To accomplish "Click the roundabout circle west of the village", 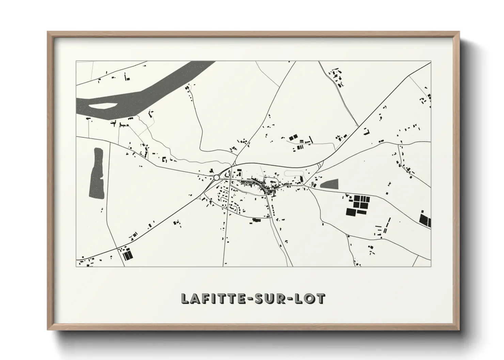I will (217, 177).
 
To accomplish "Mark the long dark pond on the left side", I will (96, 173).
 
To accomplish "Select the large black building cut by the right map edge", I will (425, 219).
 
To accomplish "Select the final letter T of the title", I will (321, 298).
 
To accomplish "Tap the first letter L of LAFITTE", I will (185, 298).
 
